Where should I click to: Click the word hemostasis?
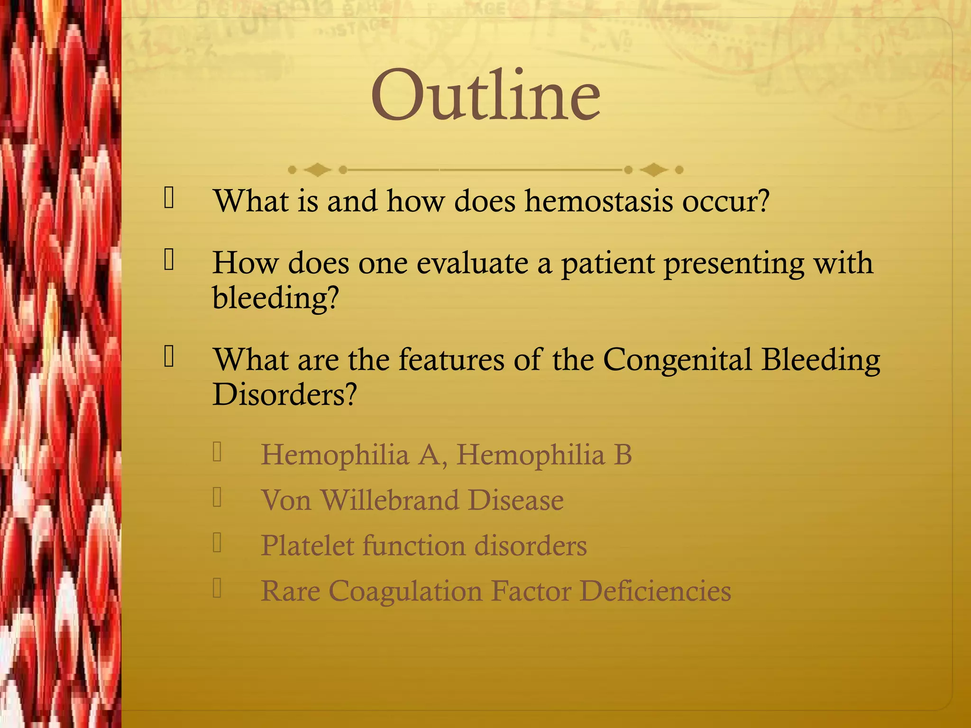(x=598, y=201)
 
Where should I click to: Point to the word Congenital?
(x=677, y=360)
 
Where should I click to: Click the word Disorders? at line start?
(x=284, y=394)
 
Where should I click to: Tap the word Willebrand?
(x=390, y=500)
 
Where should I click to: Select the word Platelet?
(x=307, y=546)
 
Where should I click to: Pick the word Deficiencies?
(x=655, y=591)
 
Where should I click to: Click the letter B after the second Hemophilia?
(x=623, y=455)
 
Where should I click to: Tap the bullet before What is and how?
(x=169, y=198)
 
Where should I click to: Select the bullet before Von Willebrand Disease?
(x=217, y=498)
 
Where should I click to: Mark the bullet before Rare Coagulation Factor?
(x=217, y=589)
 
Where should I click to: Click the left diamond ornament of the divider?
(x=317, y=170)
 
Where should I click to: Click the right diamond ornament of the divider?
(x=654, y=170)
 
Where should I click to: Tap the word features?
(x=451, y=360)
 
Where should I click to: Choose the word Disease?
(x=516, y=500)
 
